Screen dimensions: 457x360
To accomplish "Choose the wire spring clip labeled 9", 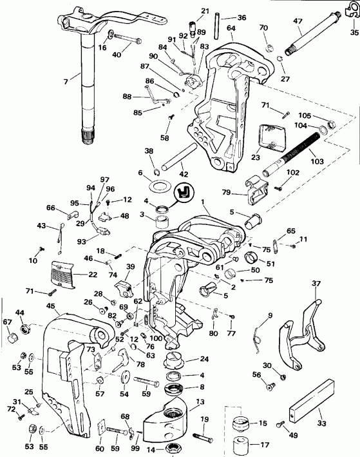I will (x=258, y=333).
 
